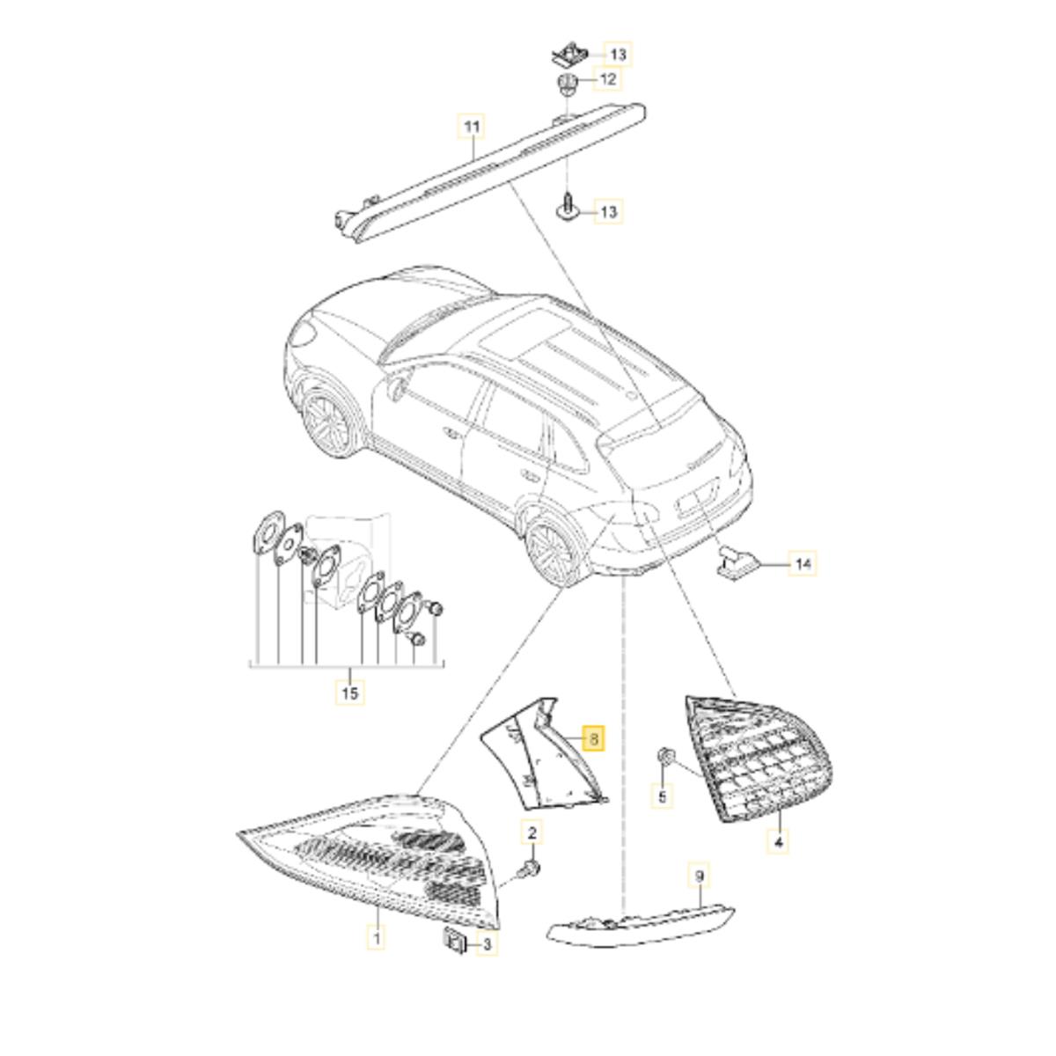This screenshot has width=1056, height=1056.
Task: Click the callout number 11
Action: click(472, 127)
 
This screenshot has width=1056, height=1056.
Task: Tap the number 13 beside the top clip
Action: click(618, 55)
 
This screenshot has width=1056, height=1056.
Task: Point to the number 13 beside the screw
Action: click(609, 211)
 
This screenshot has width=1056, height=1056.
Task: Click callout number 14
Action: click(803, 564)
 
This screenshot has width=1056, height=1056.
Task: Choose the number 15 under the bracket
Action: click(349, 693)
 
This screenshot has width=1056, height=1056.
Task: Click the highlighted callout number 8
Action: click(595, 739)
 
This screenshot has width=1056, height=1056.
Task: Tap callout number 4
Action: click(779, 854)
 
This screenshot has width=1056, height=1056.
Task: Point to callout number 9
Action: click(699, 892)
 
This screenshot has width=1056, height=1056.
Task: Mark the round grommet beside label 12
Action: click(564, 85)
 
